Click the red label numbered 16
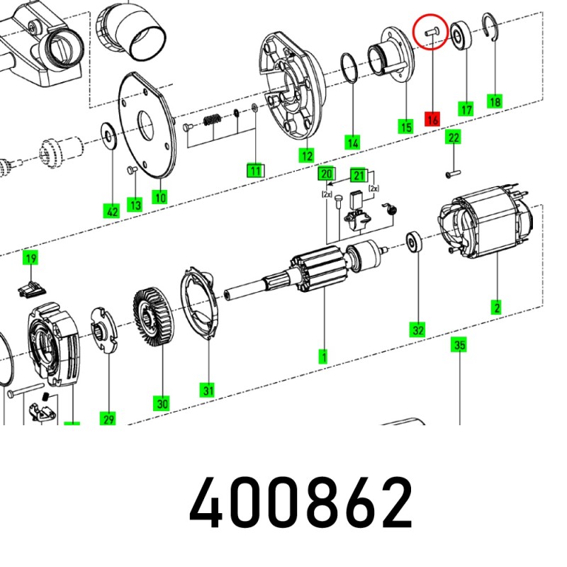(433, 118)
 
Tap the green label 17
(466, 109)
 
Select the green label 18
(495, 101)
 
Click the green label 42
(112, 210)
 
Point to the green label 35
(459, 344)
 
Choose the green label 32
(417, 330)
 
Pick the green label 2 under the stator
(497, 308)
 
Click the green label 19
(30, 259)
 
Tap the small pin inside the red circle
(432, 31)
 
